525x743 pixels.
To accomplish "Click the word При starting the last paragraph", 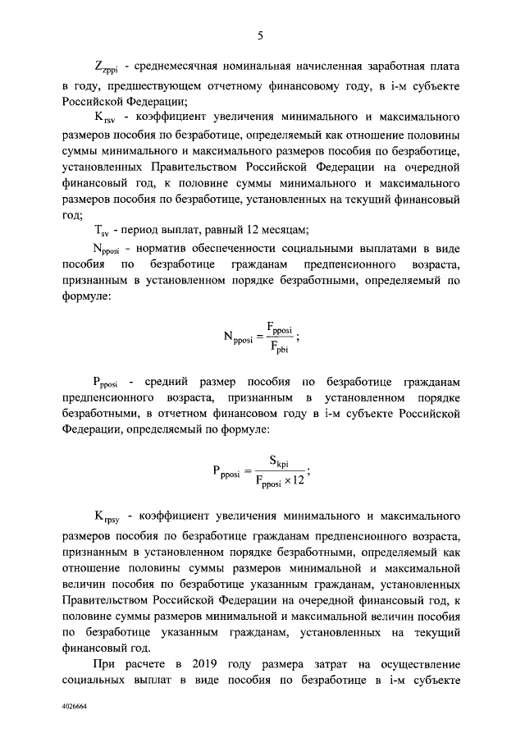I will pos(105,664).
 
